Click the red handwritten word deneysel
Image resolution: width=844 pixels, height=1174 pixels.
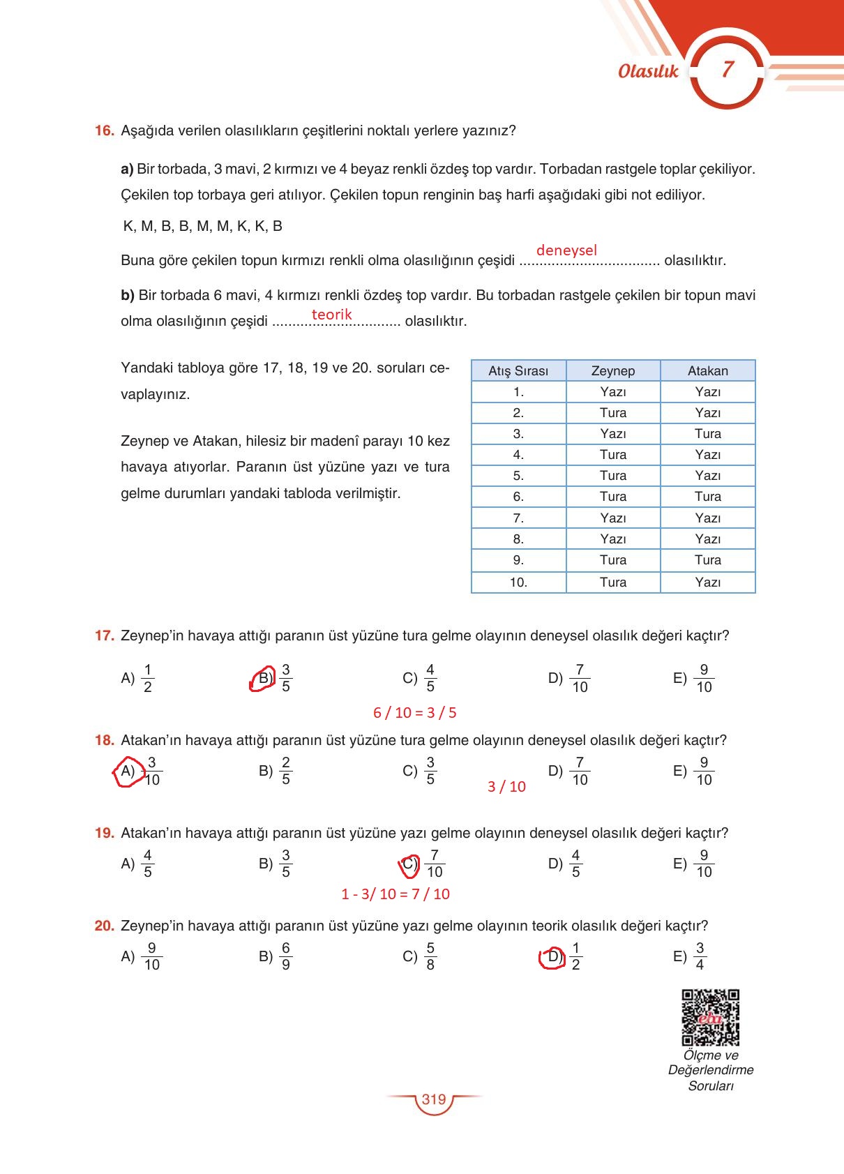[x=566, y=250]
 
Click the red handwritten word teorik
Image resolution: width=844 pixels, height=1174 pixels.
[x=331, y=315]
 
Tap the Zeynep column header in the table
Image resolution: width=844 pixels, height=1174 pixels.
[x=612, y=371]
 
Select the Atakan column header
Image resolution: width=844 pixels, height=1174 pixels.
[x=707, y=371]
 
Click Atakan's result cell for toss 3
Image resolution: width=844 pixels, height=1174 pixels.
[x=707, y=434]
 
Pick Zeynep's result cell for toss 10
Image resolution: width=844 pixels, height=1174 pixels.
[x=612, y=582]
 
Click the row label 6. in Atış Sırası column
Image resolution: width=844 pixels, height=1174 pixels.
[x=518, y=497]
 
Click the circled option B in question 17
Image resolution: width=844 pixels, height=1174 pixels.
[x=264, y=677]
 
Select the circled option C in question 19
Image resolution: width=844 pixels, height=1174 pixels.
[x=409, y=864]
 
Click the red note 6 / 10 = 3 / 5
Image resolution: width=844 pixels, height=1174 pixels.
[x=415, y=713]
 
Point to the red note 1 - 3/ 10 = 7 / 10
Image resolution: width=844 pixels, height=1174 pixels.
[x=395, y=894]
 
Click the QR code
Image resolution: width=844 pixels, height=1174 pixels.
[x=710, y=1017]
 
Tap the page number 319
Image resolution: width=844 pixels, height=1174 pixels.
[x=433, y=1100]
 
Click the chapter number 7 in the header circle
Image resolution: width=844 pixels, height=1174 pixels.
[x=728, y=70]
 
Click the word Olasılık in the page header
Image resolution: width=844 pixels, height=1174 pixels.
[x=648, y=71]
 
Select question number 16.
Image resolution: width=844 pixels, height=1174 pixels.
[x=104, y=130]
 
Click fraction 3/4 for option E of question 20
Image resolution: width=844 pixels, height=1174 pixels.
[x=700, y=956]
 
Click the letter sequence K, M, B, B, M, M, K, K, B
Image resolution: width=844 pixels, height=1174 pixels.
[x=202, y=226]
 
